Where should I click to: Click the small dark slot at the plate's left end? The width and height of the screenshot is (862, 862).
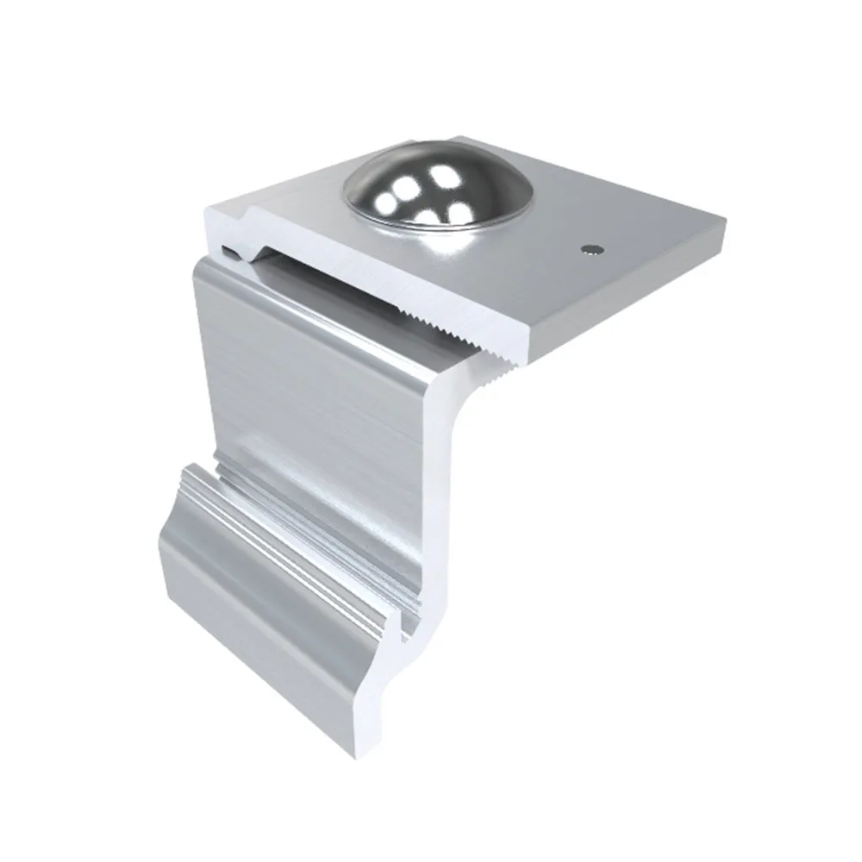[229, 252]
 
